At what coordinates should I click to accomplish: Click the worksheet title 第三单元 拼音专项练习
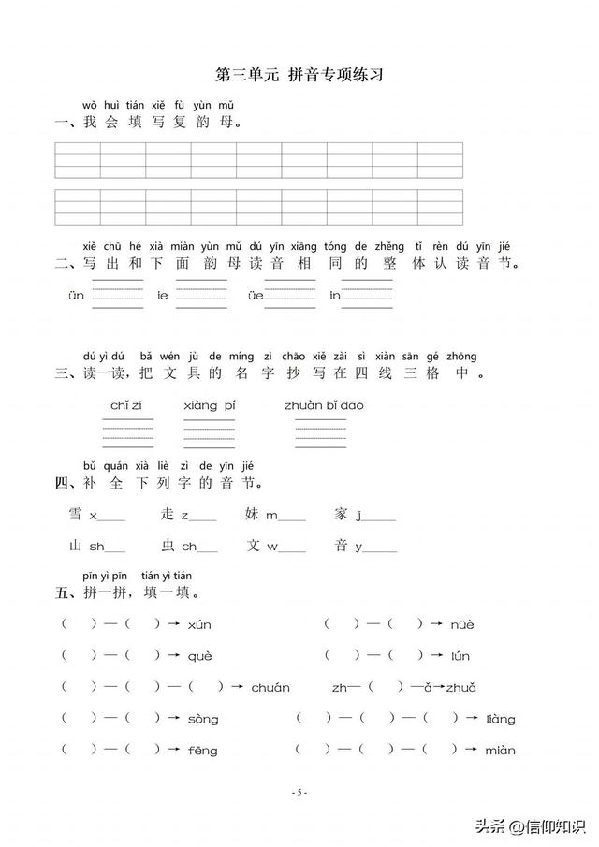pyautogui.click(x=299, y=76)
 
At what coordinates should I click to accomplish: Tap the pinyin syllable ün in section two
pyautogui.click(x=76, y=295)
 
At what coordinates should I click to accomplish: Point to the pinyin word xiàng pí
pyautogui.click(x=207, y=405)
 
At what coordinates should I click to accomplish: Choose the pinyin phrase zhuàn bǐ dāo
pyautogui.click(x=324, y=405)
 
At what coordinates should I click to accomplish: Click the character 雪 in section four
pyautogui.click(x=76, y=514)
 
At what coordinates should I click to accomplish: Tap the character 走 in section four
pyautogui.click(x=168, y=514)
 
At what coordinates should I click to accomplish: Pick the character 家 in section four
pyautogui.click(x=342, y=514)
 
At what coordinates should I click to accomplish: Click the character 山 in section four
pyautogui.click(x=76, y=546)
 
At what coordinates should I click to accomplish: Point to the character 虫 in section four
pyautogui.click(x=168, y=546)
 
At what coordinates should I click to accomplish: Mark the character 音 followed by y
pyautogui.click(x=342, y=546)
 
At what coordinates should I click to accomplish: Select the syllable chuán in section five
pyautogui.click(x=270, y=688)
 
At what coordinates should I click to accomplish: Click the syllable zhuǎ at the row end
pyautogui.click(x=461, y=688)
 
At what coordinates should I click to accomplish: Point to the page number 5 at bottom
pyautogui.click(x=299, y=793)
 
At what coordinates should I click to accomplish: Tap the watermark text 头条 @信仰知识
pyautogui.click(x=528, y=825)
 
